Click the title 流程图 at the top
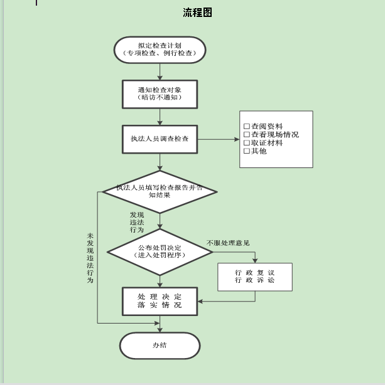pyautogui.click(x=197, y=13)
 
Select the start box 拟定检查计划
pyautogui.click(x=160, y=50)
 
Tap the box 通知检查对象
pyautogui.click(x=160, y=94)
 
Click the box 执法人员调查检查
pyautogui.click(x=160, y=139)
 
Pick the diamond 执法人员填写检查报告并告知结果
pyautogui.click(x=160, y=192)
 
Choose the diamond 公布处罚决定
pyautogui.click(x=160, y=252)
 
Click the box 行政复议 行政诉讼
pyautogui.click(x=255, y=277)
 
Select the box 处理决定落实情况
pyautogui.click(x=160, y=301)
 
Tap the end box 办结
pyautogui.click(x=160, y=345)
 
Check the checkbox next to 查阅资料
pyautogui.click(x=247, y=126)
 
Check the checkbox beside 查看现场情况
pyautogui.click(x=247, y=135)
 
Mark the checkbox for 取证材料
pyautogui.click(x=247, y=143)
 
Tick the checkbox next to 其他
pyautogui.click(x=247, y=151)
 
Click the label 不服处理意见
pyautogui.click(x=228, y=243)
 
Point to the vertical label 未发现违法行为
pyautogui.click(x=90, y=258)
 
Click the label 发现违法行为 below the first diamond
pyautogui.click(x=137, y=223)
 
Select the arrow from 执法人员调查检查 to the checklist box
pyautogui.click(x=219, y=139)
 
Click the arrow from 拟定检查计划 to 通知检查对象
pyautogui.click(x=160, y=71)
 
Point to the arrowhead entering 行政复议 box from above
pyautogui.click(x=255, y=260)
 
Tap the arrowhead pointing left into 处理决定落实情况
pyautogui.click(x=200, y=301)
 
